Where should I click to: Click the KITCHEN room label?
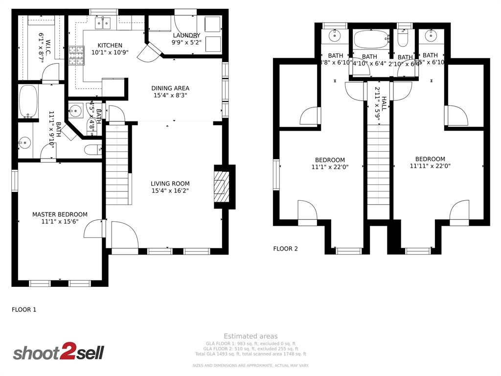tap(110, 46)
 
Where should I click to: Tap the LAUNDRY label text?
tap(186, 35)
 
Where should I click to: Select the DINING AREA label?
tap(170, 89)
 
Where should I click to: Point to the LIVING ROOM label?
tap(170, 184)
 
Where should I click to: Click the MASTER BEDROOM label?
tap(60, 214)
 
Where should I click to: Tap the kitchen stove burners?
tap(76, 55)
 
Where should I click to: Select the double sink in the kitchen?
tap(103, 23)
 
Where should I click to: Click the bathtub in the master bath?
tap(28, 102)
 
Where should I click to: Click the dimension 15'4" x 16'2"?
tap(170, 191)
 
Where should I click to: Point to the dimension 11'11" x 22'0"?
tap(430, 166)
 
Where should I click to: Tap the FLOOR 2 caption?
tap(285, 249)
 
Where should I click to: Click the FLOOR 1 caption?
tap(24, 309)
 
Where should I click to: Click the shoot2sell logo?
tap(58, 352)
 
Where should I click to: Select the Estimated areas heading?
tap(250, 336)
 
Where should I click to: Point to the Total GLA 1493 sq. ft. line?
tap(250, 354)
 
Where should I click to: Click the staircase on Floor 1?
tap(117, 164)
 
